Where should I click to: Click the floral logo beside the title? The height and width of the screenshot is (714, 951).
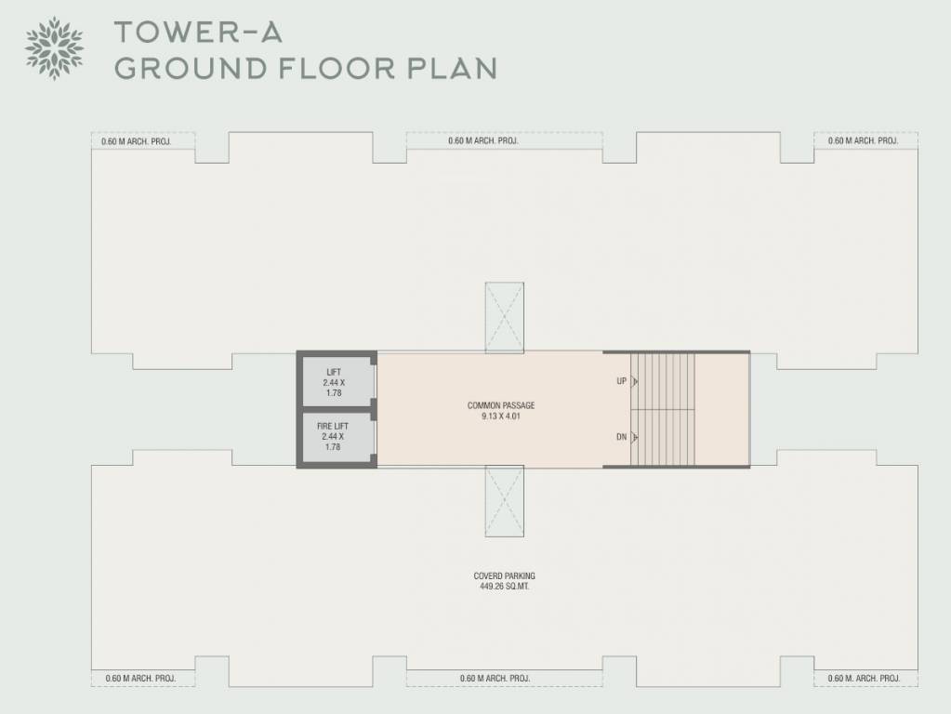click(54, 47)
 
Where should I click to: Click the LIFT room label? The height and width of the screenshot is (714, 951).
click(334, 373)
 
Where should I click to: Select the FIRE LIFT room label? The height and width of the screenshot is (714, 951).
click(332, 426)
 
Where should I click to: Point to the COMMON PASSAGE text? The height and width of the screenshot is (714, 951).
click(501, 405)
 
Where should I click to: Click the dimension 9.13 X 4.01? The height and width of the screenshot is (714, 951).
click(501, 416)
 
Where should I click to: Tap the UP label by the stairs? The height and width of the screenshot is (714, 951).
click(621, 381)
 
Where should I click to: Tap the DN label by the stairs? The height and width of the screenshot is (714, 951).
click(621, 437)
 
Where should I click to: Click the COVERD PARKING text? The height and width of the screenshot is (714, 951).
click(504, 576)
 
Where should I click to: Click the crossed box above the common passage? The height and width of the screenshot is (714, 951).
click(504, 317)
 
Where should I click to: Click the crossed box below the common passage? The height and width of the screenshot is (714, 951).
click(504, 502)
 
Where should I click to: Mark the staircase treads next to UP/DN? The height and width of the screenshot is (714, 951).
click(663, 409)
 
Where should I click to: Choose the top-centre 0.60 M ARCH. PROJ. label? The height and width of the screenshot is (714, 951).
click(482, 141)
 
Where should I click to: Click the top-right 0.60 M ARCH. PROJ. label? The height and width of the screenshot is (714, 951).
click(863, 141)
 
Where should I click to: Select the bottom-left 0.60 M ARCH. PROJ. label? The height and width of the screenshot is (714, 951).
click(140, 679)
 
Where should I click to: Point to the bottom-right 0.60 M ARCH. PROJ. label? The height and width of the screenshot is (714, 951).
click(865, 679)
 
